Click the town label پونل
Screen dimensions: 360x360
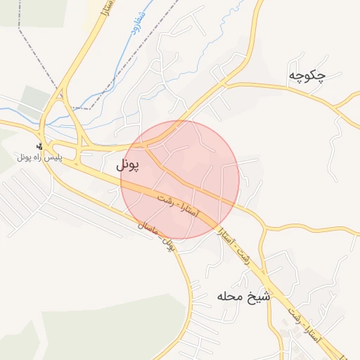click(x=127, y=165)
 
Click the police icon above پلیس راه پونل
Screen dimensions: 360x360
click(x=39, y=147)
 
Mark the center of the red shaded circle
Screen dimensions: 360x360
click(x=180, y=180)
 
